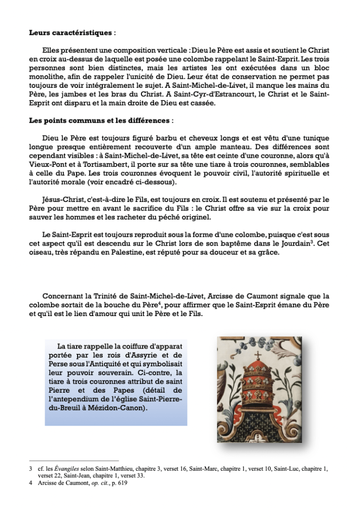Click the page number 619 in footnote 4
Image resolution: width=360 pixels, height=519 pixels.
(x=127, y=483)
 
